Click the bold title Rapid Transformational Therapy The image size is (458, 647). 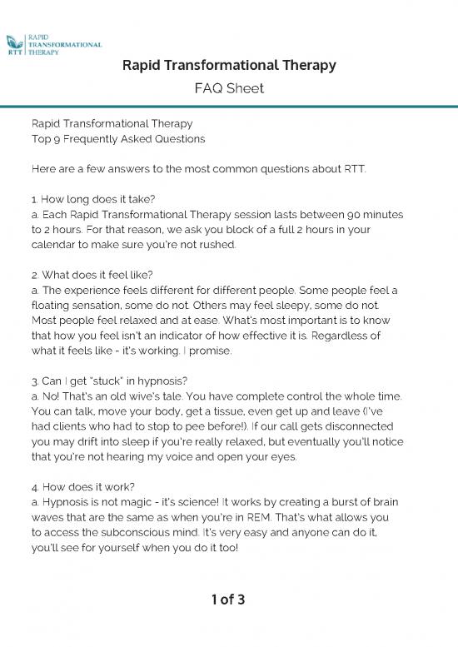(229, 66)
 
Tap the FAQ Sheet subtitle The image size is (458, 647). (229, 88)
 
